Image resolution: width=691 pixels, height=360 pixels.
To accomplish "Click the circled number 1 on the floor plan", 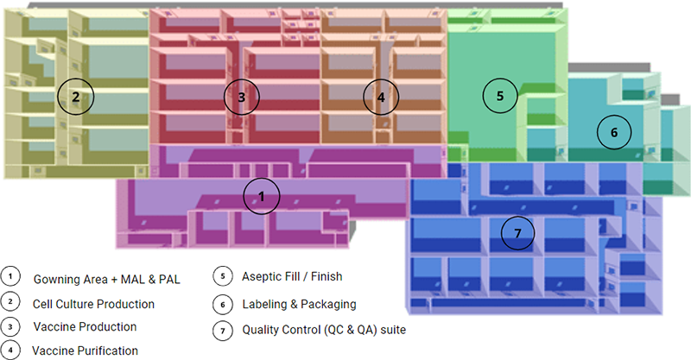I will [x=262, y=197].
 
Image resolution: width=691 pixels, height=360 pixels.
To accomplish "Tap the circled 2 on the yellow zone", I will [x=75, y=97].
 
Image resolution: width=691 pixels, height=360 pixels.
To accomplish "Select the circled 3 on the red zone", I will [x=241, y=98].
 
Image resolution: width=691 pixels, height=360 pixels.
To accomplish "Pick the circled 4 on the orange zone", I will [x=380, y=98].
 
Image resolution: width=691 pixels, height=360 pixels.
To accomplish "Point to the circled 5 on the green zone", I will [x=499, y=94].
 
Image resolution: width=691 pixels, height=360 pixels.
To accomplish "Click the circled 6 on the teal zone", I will [x=614, y=132].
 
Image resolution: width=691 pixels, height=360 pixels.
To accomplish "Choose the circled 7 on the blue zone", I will [x=517, y=233].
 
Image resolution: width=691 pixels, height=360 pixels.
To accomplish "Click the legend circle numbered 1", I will [x=10, y=279].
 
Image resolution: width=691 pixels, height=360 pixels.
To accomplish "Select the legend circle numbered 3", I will [x=10, y=326].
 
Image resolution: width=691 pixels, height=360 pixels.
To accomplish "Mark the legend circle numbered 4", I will [x=10, y=350].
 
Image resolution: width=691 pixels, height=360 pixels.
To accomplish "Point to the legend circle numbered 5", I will [x=222, y=277].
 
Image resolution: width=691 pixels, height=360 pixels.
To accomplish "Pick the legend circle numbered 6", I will [x=222, y=303].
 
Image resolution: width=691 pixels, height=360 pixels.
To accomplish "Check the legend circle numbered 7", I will [x=222, y=328].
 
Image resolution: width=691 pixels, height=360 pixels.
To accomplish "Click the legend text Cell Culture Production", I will [x=93, y=304].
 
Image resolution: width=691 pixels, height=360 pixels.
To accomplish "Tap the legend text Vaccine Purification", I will [x=84, y=351].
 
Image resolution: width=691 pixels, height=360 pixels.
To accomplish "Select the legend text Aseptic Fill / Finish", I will [x=292, y=277].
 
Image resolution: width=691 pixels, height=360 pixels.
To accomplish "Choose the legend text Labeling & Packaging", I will [x=299, y=304].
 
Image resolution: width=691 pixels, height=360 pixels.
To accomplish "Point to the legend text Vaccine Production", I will [x=85, y=327].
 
